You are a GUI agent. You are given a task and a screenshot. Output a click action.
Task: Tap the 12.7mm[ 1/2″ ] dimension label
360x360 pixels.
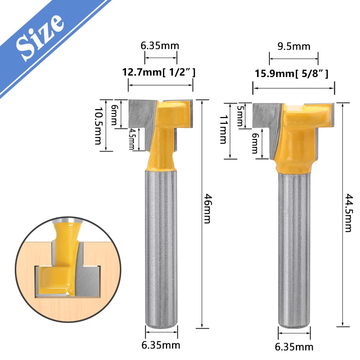[x=159, y=72]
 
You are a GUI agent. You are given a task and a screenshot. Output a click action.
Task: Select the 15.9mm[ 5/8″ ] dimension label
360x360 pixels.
[x=292, y=74]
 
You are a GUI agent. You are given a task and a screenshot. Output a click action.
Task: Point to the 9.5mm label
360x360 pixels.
[x=294, y=46]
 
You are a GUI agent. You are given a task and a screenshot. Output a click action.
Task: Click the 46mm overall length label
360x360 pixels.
[x=207, y=208]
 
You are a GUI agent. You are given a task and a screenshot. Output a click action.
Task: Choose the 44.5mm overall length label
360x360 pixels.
[x=348, y=213]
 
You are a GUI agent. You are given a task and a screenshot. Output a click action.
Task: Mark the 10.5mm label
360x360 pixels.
[x=98, y=126]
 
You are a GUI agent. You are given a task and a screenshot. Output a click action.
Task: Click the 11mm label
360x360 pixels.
[x=224, y=130]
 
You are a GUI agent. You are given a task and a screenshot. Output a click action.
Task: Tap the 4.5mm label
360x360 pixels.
[x=132, y=139]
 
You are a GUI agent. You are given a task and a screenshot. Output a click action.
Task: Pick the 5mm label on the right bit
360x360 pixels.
[x=240, y=116]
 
